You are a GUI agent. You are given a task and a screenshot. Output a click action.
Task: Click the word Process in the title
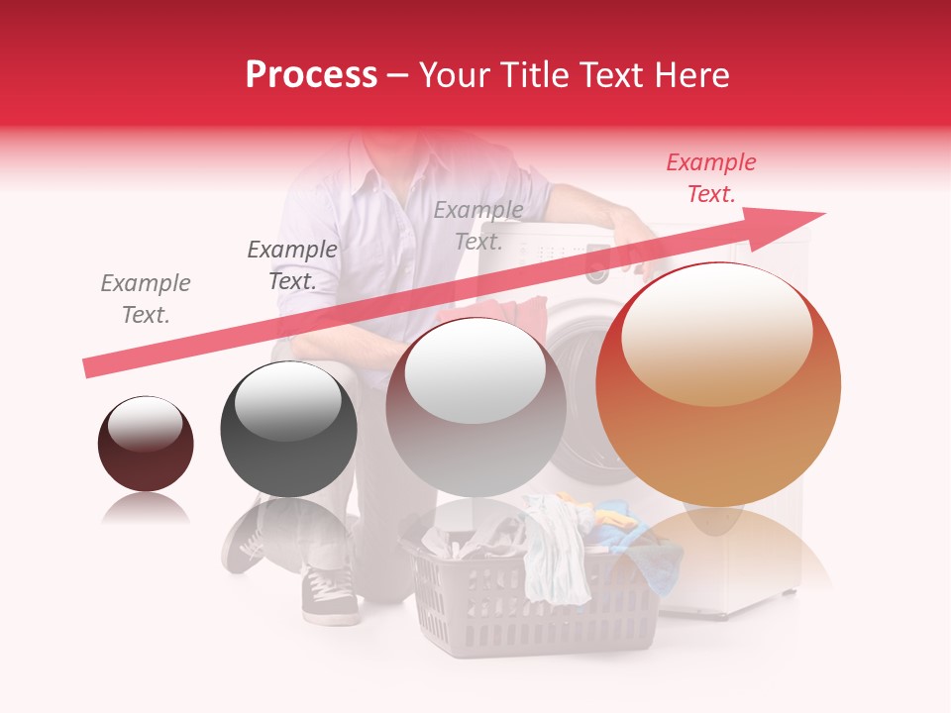[x=311, y=75]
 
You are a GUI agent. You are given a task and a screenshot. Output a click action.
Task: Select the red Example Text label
[x=711, y=178]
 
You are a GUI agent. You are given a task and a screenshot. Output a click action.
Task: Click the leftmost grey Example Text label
[x=146, y=298]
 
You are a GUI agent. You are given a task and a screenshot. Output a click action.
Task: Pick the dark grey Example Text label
[x=292, y=264]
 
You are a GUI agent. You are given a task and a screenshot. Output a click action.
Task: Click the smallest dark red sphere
[x=146, y=445]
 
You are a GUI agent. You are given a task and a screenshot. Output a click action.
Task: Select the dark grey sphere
[x=288, y=430]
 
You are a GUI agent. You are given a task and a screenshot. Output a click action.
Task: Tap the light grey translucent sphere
[x=475, y=407]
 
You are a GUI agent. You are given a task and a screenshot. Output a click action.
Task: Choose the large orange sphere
[x=718, y=396]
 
